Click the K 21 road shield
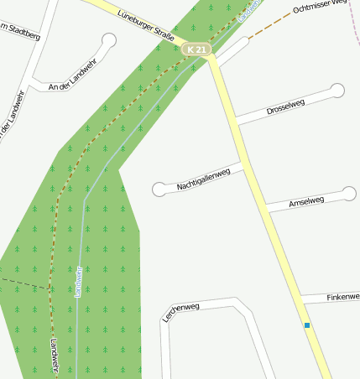(x=196, y=49)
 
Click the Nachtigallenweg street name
(x=203, y=179)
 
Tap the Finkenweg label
(x=342, y=297)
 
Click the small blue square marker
(x=307, y=325)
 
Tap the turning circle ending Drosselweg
(x=337, y=90)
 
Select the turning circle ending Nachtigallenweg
(x=159, y=189)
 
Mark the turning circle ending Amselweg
(x=349, y=195)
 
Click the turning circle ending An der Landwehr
(x=108, y=39)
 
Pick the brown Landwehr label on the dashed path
(x=54, y=356)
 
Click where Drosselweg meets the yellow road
(x=237, y=122)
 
